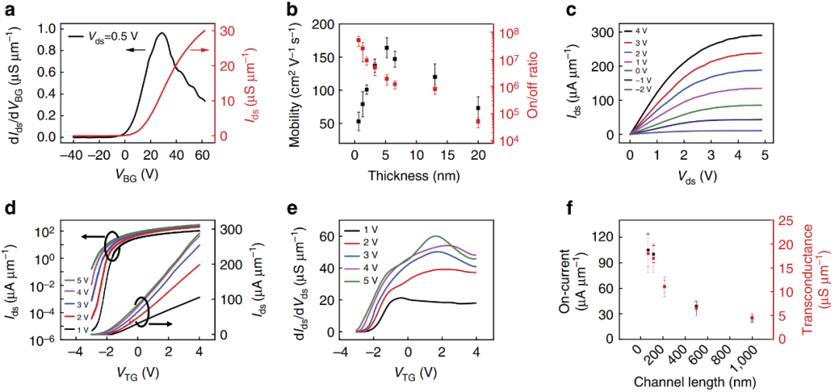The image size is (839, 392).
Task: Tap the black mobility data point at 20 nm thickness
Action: pyautogui.click(x=479, y=108)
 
